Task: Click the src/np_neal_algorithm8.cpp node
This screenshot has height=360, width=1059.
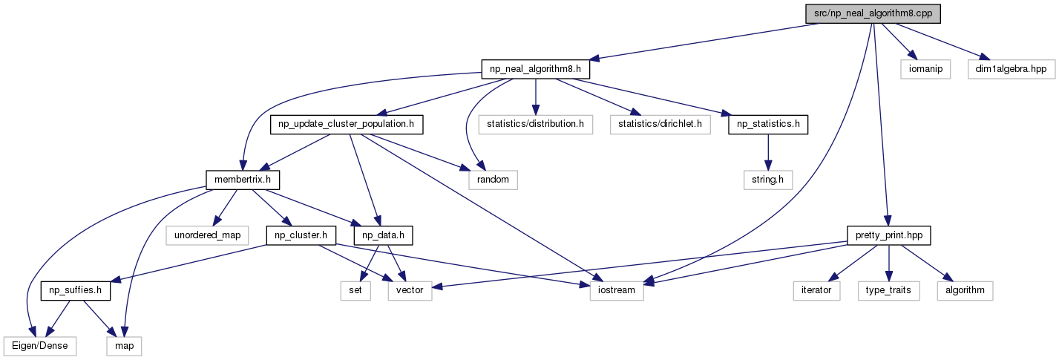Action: pyautogui.click(x=873, y=13)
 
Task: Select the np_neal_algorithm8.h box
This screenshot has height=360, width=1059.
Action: pyautogui.click(x=536, y=69)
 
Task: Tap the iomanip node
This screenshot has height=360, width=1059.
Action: pyautogui.click(x=925, y=69)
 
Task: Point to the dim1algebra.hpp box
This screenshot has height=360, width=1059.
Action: pyautogui.click(x=1012, y=69)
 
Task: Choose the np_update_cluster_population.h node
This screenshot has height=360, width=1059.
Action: pyautogui.click(x=347, y=125)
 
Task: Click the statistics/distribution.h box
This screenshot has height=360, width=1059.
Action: pyautogui.click(x=535, y=125)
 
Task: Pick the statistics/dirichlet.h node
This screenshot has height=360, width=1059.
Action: pyautogui.click(x=660, y=125)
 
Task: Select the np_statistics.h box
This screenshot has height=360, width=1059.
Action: pyautogui.click(x=768, y=125)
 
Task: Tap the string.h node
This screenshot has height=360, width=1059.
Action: pyautogui.click(x=768, y=180)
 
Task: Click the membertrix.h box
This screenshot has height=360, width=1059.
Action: pyautogui.click(x=243, y=180)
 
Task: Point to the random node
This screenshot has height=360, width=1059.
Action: pyautogui.click(x=493, y=180)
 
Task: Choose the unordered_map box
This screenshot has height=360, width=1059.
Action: pyautogui.click(x=207, y=235)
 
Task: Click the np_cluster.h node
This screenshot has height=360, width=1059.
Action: pyautogui.click(x=301, y=235)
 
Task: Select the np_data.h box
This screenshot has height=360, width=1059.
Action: pyautogui.click(x=383, y=235)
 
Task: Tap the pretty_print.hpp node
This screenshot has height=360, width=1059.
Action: pyautogui.click(x=889, y=235)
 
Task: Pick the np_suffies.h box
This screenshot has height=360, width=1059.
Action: pyautogui.click(x=76, y=290)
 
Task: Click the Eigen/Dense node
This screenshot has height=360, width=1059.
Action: pyautogui.click(x=40, y=347)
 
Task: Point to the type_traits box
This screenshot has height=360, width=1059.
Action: pyautogui.click(x=889, y=290)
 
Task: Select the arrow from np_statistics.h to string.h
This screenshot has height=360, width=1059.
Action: pyautogui.click(x=768, y=152)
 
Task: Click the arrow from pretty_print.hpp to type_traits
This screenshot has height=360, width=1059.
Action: pyautogui.click(x=889, y=263)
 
